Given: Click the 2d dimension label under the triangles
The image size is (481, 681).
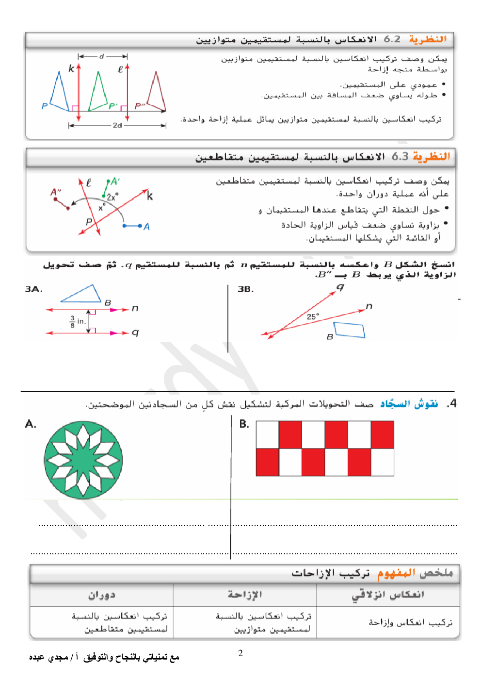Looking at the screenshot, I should coord(117,125).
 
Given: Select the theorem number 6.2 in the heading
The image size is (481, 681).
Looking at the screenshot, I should coord(392,39).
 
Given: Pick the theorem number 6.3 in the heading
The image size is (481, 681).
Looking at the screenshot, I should coord(400,156).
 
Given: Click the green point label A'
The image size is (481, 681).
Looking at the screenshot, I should coord(115,182).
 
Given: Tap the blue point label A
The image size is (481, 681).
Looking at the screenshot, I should coord(146,227).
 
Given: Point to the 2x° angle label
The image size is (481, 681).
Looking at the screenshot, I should coord(112,197).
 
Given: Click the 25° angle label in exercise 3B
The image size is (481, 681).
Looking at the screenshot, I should coord(313,316).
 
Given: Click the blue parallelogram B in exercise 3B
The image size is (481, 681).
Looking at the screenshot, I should coord(350,330).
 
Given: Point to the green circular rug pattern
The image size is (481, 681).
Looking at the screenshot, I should coord(83,460).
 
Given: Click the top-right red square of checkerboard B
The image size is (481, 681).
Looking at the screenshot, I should coord(382,435).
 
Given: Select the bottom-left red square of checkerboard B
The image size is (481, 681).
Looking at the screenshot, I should coord(268,462).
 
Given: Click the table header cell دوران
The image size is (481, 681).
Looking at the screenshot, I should coord(101,595).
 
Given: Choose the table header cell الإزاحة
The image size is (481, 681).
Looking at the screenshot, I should coord(245,595).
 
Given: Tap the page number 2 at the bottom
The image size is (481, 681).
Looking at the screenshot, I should coord(240,653).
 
